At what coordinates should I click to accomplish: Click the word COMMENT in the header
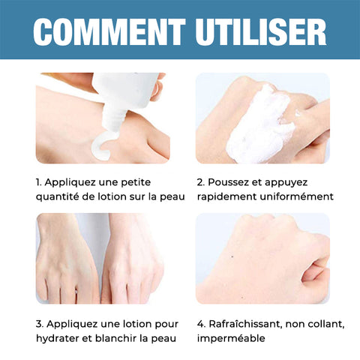click(109, 31)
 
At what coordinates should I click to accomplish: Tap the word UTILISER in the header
click(261, 31)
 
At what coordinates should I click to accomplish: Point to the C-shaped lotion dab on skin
click(103, 147)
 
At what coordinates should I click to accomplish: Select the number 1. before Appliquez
click(39, 182)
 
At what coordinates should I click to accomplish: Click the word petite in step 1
click(136, 183)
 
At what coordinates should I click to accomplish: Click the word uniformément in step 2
click(297, 196)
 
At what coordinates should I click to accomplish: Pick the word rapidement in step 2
click(227, 197)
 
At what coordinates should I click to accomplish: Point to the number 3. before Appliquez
click(40, 324)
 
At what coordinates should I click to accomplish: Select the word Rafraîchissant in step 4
click(245, 324)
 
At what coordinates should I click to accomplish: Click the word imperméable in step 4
click(231, 339)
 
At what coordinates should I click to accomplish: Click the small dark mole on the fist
click(232, 256)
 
